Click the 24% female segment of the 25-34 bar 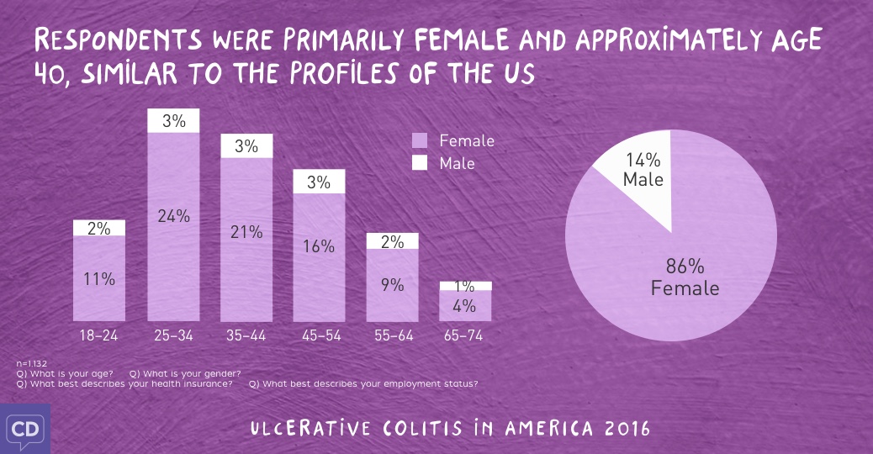(x=173, y=227)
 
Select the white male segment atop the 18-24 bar (x=99, y=228)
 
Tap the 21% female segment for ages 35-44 (x=246, y=240)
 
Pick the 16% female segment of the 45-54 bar (x=320, y=256)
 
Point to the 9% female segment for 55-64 (x=392, y=285)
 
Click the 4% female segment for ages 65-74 (x=465, y=306)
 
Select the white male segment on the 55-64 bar (x=392, y=241)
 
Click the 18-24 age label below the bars (x=99, y=335)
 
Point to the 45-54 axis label (x=320, y=335)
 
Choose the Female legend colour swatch (x=420, y=140)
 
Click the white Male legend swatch (x=420, y=162)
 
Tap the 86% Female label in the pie (x=685, y=278)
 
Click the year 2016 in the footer (x=627, y=428)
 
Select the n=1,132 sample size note (x=32, y=362)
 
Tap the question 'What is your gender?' (x=186, y=373)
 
